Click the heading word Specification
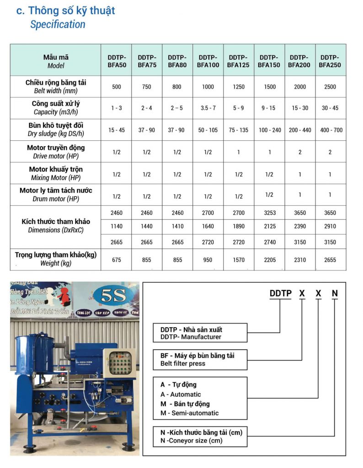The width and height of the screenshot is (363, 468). pyautogui.click(x=58, y=25)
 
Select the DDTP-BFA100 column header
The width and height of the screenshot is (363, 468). pyautogui.click(x=208, y=61)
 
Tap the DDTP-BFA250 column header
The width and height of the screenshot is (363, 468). pyautogui.click(x=330, y=61)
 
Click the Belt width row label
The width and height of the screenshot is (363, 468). pyautogui.click(x=56, y=86)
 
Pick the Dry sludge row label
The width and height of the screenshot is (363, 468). pyautogui.click(x=56, y=130)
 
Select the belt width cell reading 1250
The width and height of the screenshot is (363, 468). pyautogui.click(x=238, y=87)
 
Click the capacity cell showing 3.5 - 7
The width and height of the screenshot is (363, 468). pyautogui.click(x=208, y=108)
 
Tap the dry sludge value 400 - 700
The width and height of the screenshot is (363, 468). pyautogui.click(x=330, y=130)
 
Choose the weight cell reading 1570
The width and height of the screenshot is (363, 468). pyautogui.click(x=238, y=260)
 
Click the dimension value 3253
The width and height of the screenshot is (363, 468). pyautogui.click(x=269, y=213)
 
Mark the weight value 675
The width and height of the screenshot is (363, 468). pyautogui.click(x=117, y=260)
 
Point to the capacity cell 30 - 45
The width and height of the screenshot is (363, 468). pyautogui.click(x=330, y=108)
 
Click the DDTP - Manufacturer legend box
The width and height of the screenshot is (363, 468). pyautogui.click(x=201, y=333)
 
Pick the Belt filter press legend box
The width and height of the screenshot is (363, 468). pyautogui.click(x=201, y=360)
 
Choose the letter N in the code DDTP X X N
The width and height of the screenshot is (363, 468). pyautogui.click(x=335, y=293)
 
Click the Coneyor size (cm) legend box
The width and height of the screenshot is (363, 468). pyautogui.click(x=201, y=436)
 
